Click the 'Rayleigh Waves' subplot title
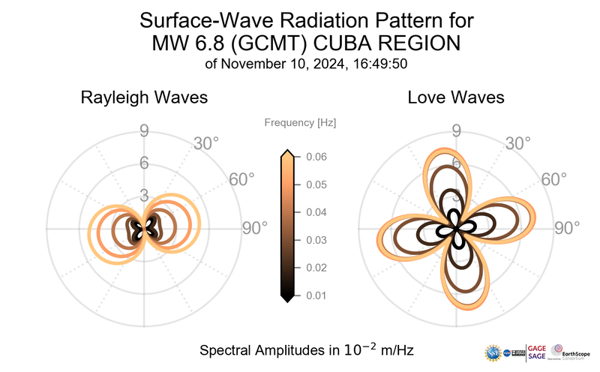(x=144, y=97)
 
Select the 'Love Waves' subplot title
(x=456, y=97)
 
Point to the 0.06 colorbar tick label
(x=316, y=157)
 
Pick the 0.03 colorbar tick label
(x=316, y=240)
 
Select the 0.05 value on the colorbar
(x=316, y=184)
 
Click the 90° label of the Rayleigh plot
(x=255, y=229)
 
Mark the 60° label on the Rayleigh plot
(x=241, y=180)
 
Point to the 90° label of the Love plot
(x=568, y=229)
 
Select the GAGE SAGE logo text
(x=537, y=352)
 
